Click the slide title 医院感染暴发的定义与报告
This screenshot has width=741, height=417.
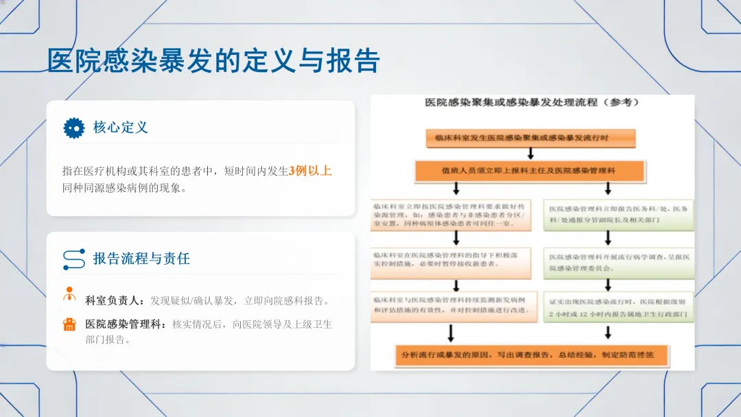click(x=213, y=61)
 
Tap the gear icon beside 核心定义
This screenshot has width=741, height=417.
click(x=73, y=128)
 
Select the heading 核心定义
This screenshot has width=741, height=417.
click(x=121, y=128)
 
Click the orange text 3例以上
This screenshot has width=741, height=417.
click(x=310, y=171)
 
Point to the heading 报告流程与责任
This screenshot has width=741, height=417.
click(x=141, y=259)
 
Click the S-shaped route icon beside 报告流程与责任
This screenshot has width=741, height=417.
click(x=73, y=259)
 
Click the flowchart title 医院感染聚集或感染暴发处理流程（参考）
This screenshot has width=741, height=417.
click(x=532, y=103)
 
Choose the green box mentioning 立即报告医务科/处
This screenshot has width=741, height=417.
click(x=619, y=214)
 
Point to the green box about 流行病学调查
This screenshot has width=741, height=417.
click(x=619, y=263)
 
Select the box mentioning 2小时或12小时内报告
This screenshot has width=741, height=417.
click(x=619, y=308)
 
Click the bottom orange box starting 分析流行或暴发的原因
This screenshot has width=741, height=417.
click(x=532, y=355)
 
